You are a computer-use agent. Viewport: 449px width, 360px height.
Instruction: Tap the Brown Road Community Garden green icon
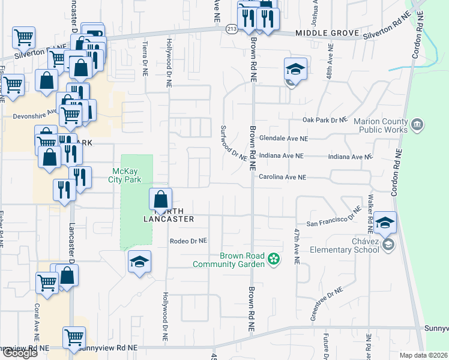pyautogui.click(x=274, y=259)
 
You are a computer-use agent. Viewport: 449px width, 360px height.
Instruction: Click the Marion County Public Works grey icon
pyautogui.click(x=418, y=125)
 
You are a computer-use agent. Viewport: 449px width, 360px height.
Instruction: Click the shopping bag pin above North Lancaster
pyautogui.click(x=161, y=199)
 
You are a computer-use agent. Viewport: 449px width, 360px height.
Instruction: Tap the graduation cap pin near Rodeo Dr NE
pyautogui.click(x=139, y=262)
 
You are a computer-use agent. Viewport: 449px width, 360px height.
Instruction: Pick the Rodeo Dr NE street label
pyautogui.click(x=188, y=241)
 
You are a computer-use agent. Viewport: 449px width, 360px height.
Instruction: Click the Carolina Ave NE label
pyautogui.click(x=282, y=178)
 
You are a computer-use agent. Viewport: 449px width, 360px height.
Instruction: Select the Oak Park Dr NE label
pyautogui.click(x=325, y=120)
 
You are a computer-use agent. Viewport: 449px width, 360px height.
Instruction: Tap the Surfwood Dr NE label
pyautogui.click(x=234, y=143)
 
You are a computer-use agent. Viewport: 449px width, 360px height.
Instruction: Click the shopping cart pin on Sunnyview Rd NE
pyautogui.click(x=74, y=337)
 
